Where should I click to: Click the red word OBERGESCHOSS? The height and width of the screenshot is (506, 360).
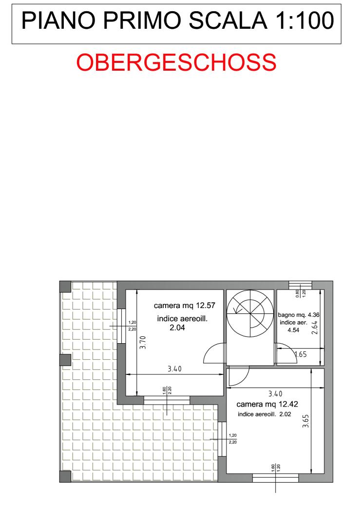[x=176, y=62]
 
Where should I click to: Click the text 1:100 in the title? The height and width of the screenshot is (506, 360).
[x=304, y=20]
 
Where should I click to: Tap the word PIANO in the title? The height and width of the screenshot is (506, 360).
[x=58, y=20]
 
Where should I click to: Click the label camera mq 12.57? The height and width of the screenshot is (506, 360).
[x=184, y=305]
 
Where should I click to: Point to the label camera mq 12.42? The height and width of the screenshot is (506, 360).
[x=267, y=404]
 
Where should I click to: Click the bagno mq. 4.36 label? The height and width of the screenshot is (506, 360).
[x=299, y=314]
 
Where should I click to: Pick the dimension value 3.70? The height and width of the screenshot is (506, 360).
[x=143, y=342]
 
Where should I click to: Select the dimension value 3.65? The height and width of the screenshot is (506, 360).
[x=305, y=421]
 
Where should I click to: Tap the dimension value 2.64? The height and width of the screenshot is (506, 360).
[x=315, y=327]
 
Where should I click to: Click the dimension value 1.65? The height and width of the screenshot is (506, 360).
[x=301, y=354]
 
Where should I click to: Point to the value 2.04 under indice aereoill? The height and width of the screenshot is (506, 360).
[x=177, y=328]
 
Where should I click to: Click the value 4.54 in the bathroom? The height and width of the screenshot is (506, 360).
[x=294, y=330]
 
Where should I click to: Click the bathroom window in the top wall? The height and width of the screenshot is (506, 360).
[x=300, y=285]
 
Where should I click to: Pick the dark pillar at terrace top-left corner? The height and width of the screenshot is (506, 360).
[x=65, y=287]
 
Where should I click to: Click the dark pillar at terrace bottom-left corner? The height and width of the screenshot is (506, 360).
[x=65, y=476]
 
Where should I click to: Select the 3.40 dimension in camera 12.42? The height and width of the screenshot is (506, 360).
[x=275, y=393]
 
